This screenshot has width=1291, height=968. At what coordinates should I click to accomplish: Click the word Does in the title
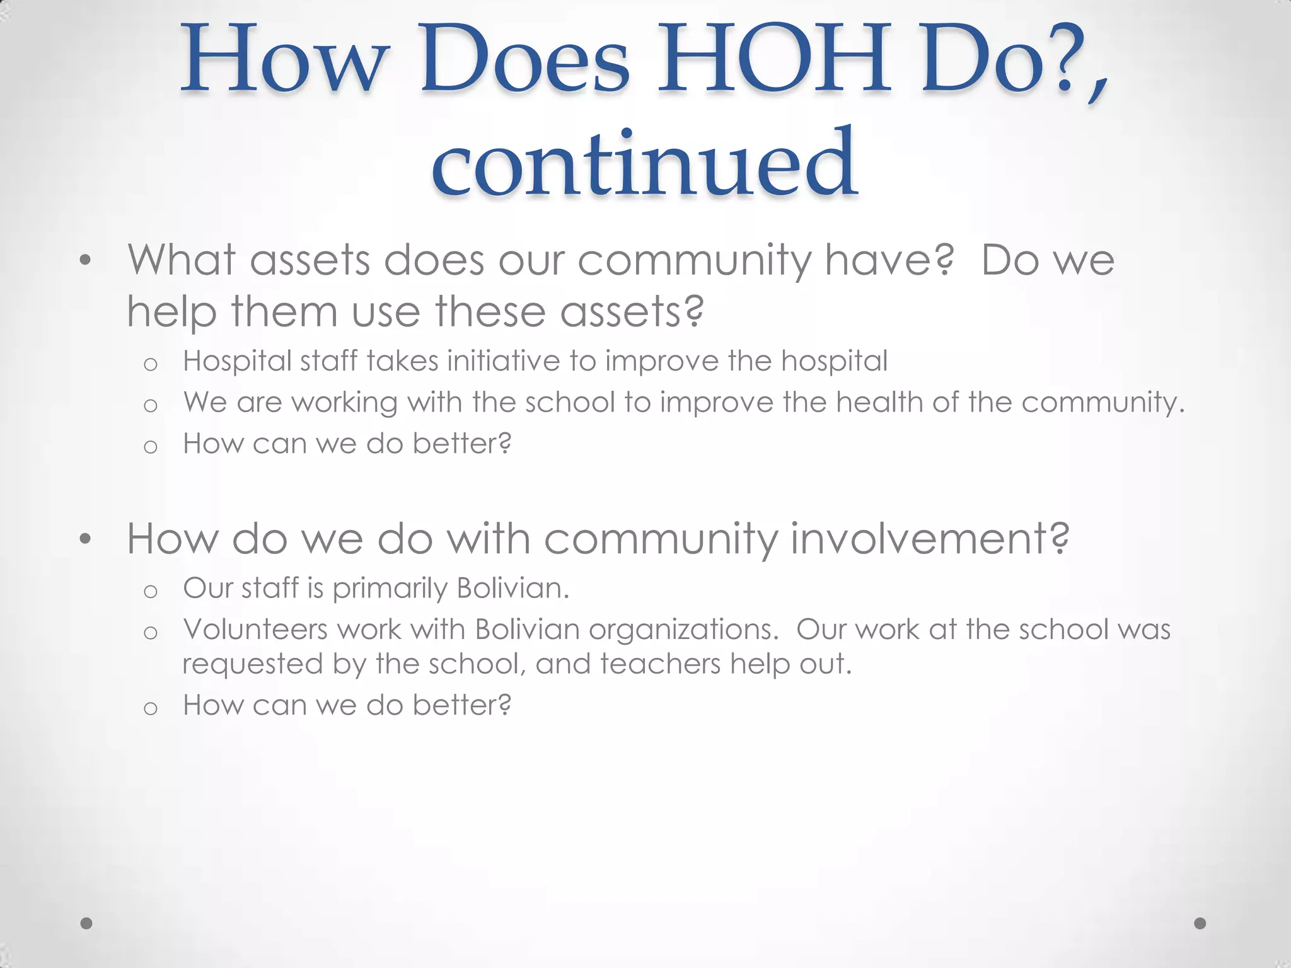pos(524,60)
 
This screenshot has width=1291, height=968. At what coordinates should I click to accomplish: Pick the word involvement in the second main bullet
pos(930,539)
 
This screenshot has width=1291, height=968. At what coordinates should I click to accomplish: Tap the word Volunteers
pos(255,629)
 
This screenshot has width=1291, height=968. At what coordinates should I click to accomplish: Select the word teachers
pos(660,664)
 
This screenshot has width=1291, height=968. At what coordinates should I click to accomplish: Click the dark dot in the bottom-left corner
pos(86,923)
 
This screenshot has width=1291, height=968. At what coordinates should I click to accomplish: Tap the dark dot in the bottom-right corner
pos(1200,923)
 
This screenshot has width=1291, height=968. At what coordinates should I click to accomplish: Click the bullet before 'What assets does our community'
pos(86,260)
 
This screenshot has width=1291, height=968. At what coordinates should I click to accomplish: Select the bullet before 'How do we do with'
pos(86,539)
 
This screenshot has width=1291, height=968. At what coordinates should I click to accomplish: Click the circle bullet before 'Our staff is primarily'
pos(150,591)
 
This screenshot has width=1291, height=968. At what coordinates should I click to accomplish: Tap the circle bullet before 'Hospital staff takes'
pos(150,364)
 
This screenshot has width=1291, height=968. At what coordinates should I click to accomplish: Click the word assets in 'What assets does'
pos(310,260)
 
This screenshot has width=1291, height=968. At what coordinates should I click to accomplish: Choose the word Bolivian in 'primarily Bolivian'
pos(512,588)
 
